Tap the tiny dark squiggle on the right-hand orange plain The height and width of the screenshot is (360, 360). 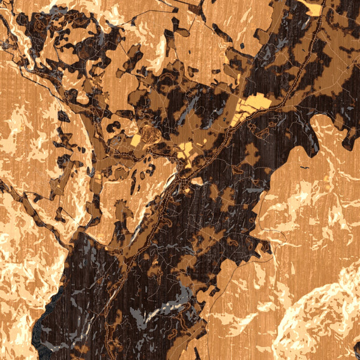305,166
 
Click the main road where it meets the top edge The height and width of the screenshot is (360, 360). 325,2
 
